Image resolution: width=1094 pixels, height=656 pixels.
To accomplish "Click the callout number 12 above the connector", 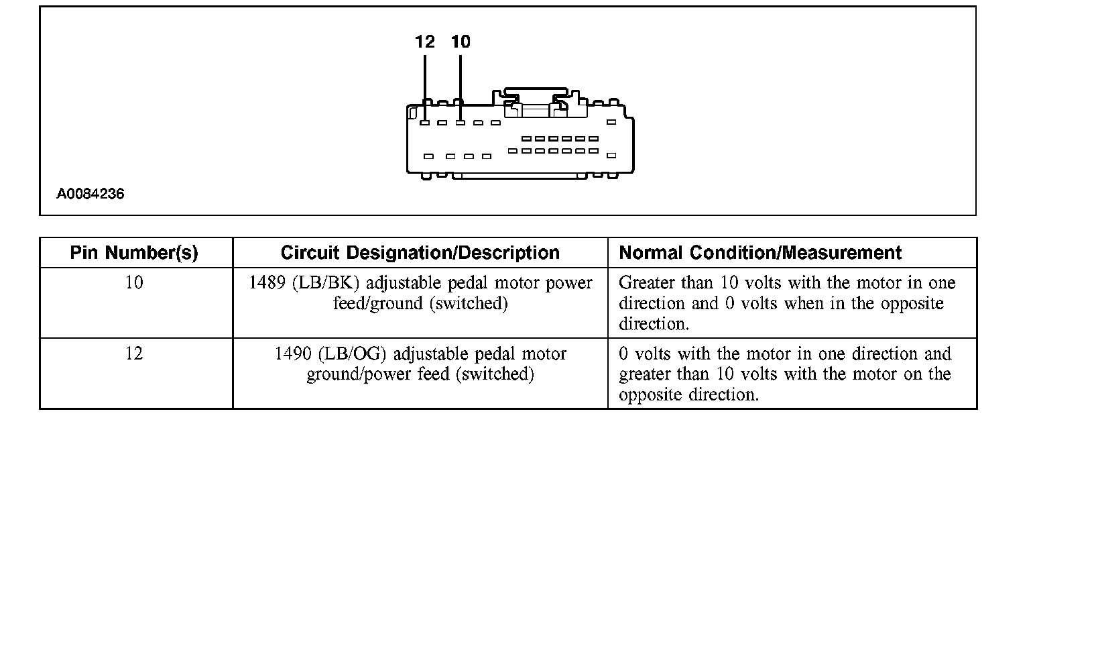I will pyautogui.click(x=424, y=42).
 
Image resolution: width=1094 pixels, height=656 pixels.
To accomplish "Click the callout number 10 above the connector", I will pyautogui.click(x=461, y=42).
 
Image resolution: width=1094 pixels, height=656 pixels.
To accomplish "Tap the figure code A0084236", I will pyautogui.click(x=90, y=194).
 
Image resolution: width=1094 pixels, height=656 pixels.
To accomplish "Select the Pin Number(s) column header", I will pyautogui.click(x=134, y=253).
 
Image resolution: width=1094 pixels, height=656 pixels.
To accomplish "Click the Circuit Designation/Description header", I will pyautogui.click(x=420, y=253).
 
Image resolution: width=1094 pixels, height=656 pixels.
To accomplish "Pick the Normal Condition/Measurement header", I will pyautogui.click(x=760, y=253).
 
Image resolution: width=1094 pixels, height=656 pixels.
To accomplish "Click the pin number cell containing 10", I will pyautogui.click(x=134, y=283).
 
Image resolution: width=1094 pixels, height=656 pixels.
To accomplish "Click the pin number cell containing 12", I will pyautogui.click(x=134, y=353).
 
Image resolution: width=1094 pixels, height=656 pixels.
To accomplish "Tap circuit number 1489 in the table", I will pyautogui.click(x=267, y=283).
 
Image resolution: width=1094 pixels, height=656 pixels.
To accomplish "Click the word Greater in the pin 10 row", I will pyautogui.click(x=647, y=283).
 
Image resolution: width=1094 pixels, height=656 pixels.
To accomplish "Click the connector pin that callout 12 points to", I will pyautogui.click(x=424, y=123).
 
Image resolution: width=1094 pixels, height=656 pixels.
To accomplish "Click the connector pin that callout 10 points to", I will pyautogui.click(x=461, y=123).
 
